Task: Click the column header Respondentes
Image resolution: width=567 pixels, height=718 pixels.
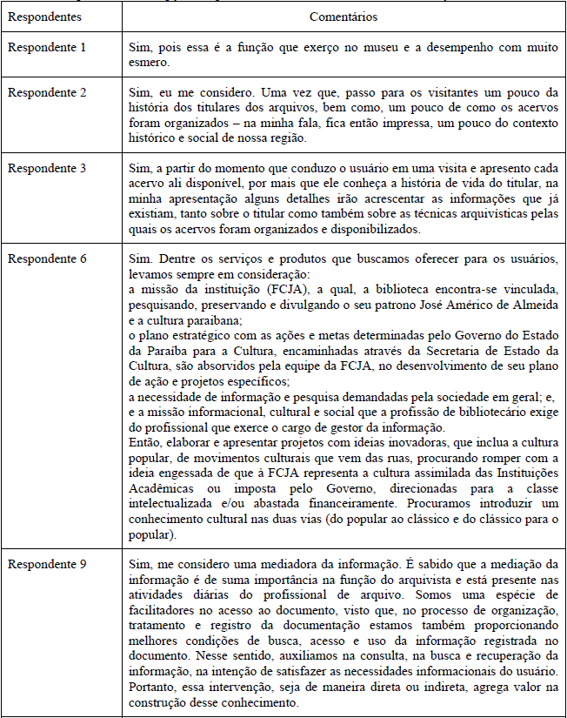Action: [44, 17]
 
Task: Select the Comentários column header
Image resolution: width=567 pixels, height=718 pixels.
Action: [342, 17]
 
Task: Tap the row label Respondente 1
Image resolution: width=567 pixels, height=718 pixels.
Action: [47, 46]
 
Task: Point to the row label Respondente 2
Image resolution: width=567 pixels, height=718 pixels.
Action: [47, 93]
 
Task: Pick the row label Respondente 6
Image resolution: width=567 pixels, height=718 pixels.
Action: [47, 259]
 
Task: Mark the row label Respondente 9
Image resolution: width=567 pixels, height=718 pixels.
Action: [47, 563]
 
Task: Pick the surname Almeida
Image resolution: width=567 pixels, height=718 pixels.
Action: [524, 303]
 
